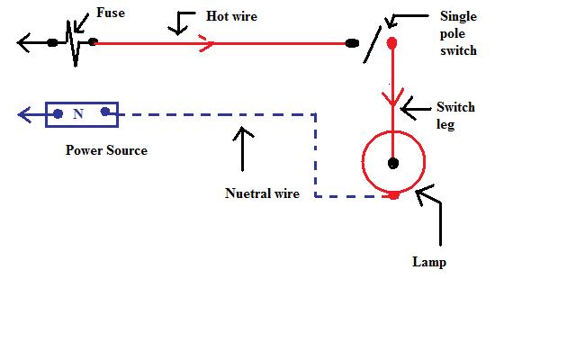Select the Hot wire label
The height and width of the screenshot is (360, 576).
tap(232, 16)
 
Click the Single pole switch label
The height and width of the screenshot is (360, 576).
tap(458, 33)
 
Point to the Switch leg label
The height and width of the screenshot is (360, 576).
tap(454, 115)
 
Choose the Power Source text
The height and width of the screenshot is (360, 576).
tap(106, 150)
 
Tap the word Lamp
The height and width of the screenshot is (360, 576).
tap(429, 263)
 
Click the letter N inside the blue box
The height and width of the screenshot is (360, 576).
tap(78, 114)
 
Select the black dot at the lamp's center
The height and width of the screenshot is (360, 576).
tap(393, 163)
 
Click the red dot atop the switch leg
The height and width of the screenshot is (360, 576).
tap(391, 42)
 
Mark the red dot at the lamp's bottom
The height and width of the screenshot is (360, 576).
tap(393, 195)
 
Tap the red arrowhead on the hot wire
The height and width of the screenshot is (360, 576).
tap(206, 42)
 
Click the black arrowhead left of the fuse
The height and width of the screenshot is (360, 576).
tap(22, 41)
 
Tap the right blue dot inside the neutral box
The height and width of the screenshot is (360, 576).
tap(105, 112)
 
